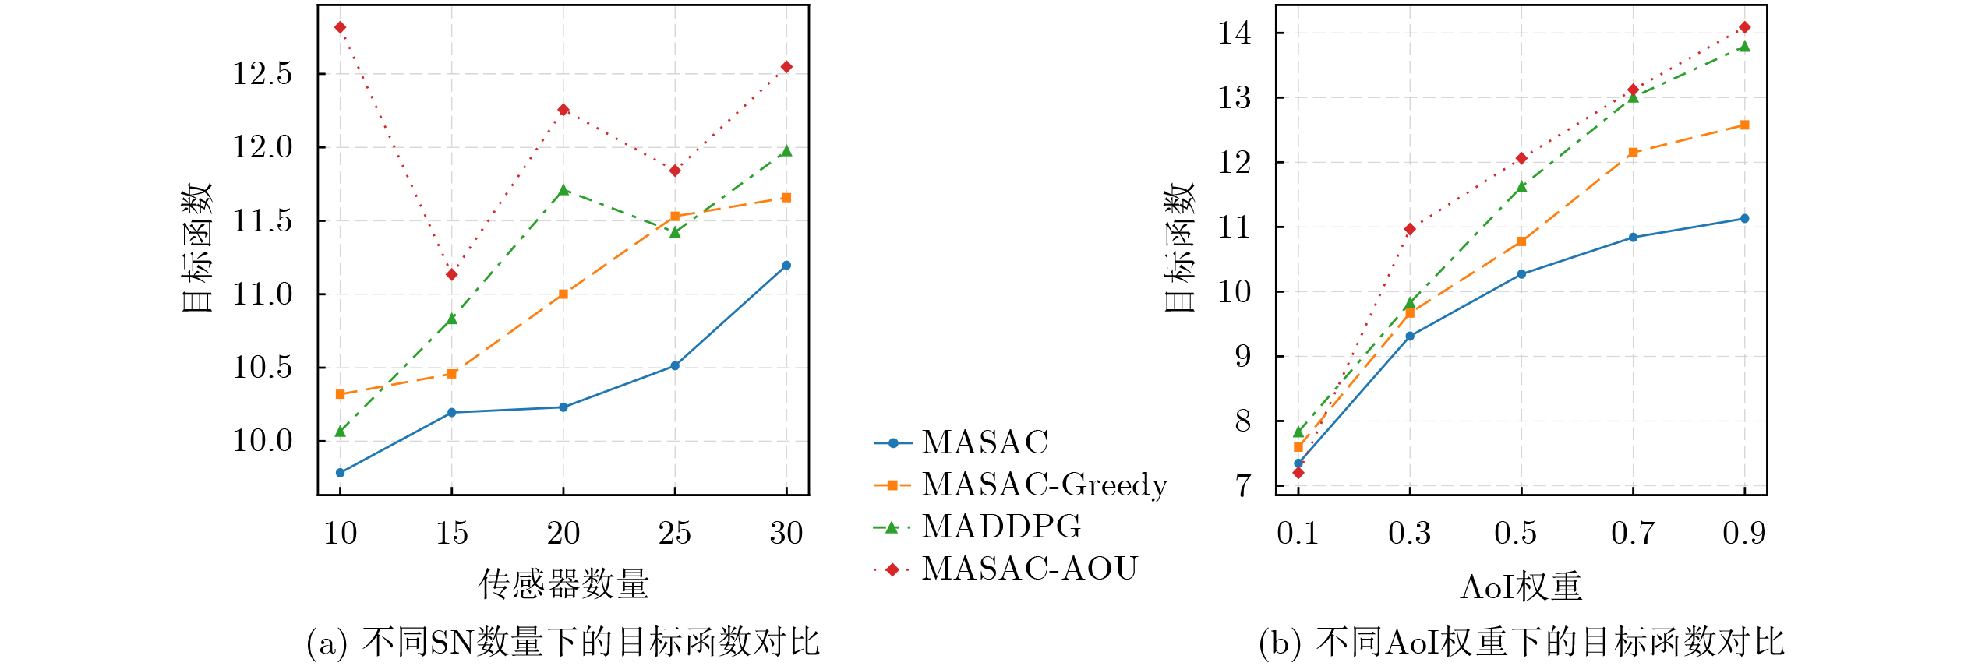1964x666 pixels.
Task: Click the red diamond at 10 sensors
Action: (340, 28)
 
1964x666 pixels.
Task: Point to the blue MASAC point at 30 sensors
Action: (786, 266)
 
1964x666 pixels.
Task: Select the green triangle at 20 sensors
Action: (563, 190)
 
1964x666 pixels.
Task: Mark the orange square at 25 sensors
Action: (675, 217)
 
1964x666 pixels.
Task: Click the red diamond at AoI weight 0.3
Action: (1410, 229)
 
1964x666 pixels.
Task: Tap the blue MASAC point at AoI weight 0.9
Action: (1745, 219)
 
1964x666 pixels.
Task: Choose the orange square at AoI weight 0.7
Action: (1634, 153)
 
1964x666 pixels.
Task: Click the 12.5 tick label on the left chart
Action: (263, 74)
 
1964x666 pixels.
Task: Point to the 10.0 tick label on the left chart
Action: (263, 442)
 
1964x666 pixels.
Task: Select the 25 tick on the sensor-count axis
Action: (675, 534)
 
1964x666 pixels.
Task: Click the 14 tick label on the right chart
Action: (1235, 33)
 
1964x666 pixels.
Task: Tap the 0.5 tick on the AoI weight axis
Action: (1516, 534)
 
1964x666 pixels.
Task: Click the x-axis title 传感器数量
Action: (563, 584)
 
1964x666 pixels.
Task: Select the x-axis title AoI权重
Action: (1521, 587)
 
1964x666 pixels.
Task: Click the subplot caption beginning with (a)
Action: (563, 643)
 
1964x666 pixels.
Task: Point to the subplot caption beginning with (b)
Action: (1521, 643)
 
